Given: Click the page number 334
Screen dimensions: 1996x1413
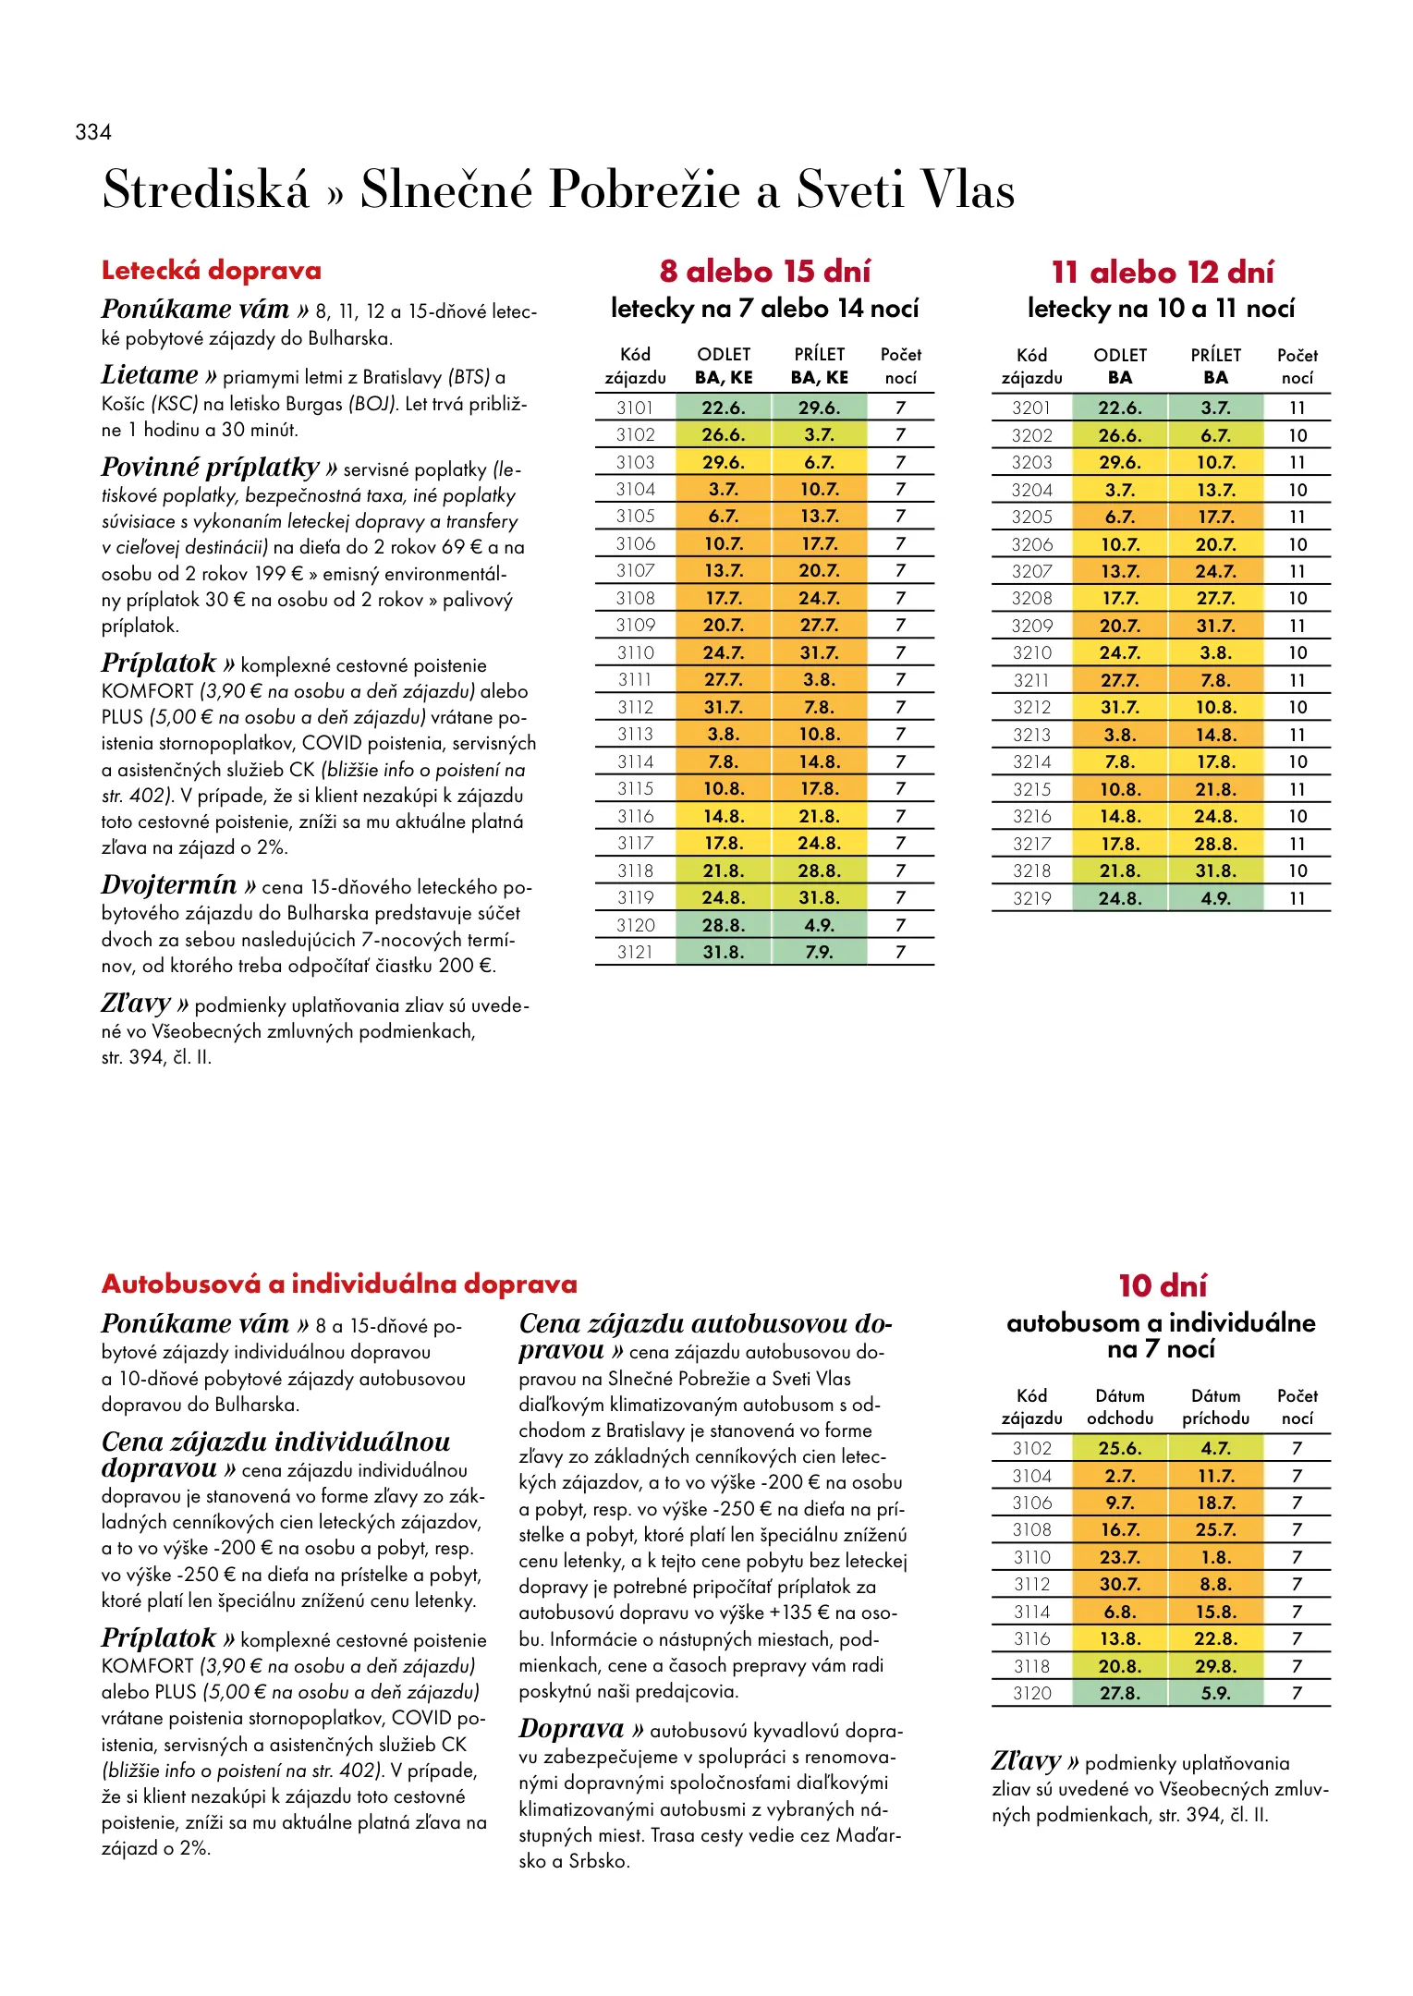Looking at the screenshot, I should tap(93, 132).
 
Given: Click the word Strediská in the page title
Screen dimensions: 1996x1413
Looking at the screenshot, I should tap(205, 189).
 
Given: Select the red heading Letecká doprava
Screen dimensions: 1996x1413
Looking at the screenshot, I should tap(212, 271).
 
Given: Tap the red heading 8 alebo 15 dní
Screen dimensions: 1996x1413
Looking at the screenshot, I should tap(765, 272).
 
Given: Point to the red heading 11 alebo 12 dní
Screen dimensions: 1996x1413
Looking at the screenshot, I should tap(1163, 273).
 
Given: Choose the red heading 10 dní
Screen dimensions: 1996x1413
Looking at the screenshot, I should tap(1163, 1286).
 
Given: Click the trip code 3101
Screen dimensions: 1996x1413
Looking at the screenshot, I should tap(635, 408).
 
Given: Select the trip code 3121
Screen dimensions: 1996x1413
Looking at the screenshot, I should tap(635, 952).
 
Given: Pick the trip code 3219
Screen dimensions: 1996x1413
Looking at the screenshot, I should tap(1031, 898).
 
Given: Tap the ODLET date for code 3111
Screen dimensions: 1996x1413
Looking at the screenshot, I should tap(724, 680).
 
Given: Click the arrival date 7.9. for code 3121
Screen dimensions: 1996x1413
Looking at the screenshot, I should tap(819, 952).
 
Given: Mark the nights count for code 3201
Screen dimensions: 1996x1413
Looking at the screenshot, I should tap(1297, 408).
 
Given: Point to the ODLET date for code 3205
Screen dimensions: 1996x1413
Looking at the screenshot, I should tap(1120, 517).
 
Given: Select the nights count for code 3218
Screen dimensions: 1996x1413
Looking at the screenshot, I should tap(1297, 870).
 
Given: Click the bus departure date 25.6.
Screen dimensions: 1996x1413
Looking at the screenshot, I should tap(1120, 1448).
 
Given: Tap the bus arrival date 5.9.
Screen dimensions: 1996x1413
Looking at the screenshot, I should tap(1215, 1693).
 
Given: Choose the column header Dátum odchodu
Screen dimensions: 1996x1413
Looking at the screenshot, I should tap(1120, 1406).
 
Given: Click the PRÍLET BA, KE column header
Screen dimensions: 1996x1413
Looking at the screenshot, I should tap(819, 366).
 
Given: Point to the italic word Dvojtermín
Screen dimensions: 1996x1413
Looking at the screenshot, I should tap(169, 885).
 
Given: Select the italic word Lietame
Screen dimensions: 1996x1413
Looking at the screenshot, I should tap(150, 375).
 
